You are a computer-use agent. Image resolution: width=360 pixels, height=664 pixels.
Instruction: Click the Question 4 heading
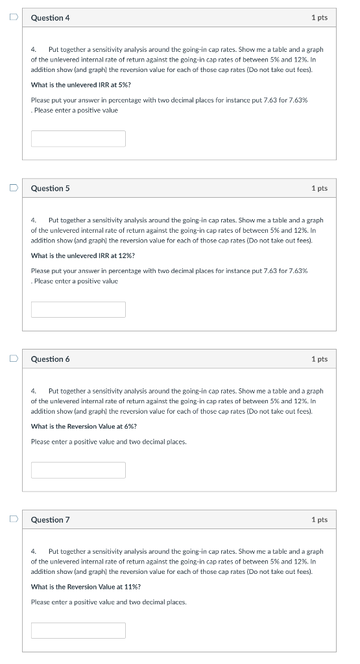click(50, 18)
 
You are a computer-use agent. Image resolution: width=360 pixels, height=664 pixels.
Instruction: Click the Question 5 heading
click(50, 189)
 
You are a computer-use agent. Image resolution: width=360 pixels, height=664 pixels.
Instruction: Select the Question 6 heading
click(50, 359)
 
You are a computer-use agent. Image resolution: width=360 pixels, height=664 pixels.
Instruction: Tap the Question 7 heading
click(50, 520)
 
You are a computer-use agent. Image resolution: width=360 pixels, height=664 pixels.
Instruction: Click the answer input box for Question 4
click(78, 139)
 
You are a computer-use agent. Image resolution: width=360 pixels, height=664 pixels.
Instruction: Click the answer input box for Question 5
click(78, 309)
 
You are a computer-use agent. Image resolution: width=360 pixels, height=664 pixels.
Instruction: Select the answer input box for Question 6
click(78, 470)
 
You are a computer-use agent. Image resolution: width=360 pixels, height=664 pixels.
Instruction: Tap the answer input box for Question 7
click(78, 630)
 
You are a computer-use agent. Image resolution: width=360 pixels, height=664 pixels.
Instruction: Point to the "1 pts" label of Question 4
click(319, 18)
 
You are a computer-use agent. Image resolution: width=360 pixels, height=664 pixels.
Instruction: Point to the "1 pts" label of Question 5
click(319, 189)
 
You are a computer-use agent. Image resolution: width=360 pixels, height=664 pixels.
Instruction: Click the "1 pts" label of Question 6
click(319, 359)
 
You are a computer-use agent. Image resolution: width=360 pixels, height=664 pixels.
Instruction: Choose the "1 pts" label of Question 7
click(319, 520)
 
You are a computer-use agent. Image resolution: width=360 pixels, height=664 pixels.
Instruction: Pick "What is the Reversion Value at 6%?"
click(84, 426)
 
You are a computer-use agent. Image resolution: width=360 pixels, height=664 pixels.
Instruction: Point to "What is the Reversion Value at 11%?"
click(86, 587)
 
